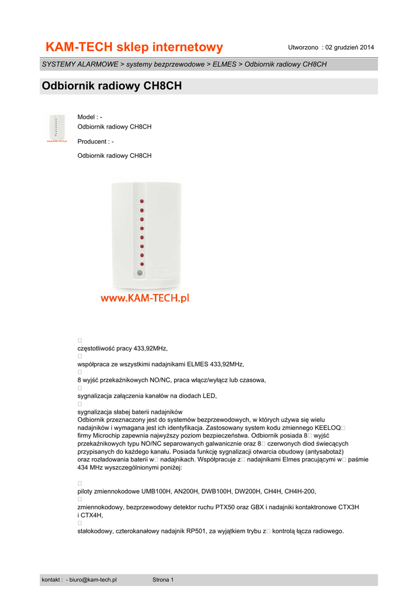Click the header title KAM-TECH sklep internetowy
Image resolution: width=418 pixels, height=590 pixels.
[134, 47]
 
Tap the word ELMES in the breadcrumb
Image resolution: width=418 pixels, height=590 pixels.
[224, 64]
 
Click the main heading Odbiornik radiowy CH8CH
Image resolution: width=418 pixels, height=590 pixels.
[112, 86]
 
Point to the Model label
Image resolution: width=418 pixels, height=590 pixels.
[86, 117]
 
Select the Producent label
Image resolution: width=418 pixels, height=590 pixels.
[92, 141]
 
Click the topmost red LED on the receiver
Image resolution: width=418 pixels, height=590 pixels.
[142, 202]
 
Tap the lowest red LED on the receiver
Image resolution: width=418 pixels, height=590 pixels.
[142, 264]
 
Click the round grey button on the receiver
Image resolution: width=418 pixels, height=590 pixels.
[139, 274]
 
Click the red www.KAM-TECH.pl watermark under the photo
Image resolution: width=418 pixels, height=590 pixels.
[145, 298]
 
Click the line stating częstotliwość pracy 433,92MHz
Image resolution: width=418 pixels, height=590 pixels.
[122, 349]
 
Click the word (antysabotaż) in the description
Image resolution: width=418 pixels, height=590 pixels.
[317, 452]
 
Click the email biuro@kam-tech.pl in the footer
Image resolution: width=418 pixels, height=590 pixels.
[93, 580]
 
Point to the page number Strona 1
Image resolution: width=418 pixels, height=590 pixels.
[163, 580]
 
